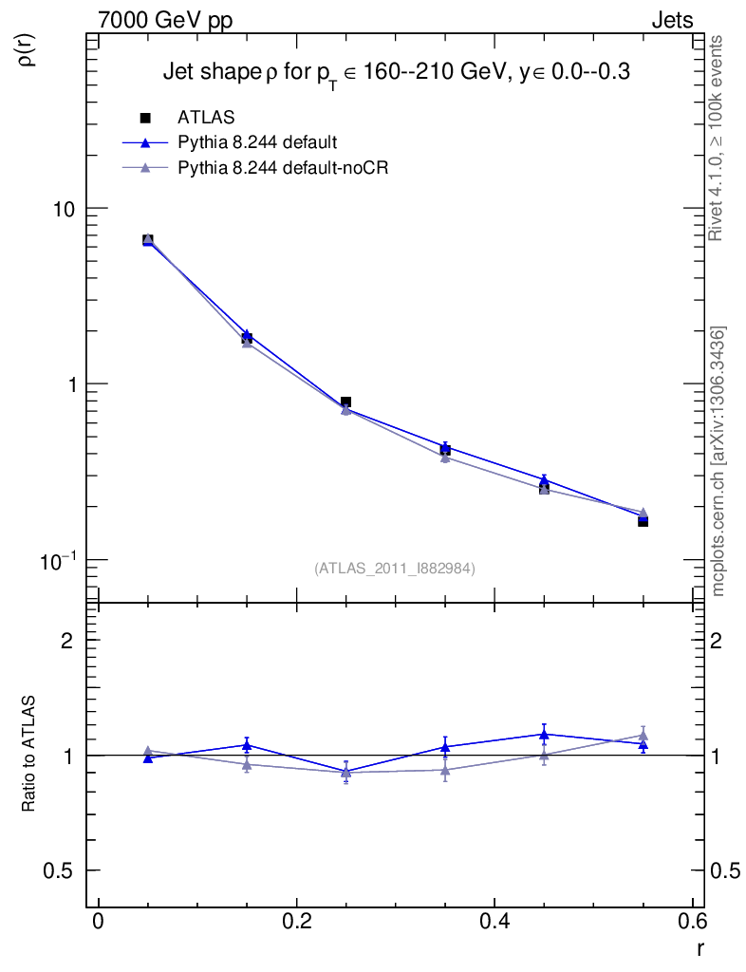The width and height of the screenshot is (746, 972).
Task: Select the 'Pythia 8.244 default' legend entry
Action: coord(257,143)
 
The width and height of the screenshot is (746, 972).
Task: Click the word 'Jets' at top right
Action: coord(671,20)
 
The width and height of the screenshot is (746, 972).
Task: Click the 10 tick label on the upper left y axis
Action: coord(65,209)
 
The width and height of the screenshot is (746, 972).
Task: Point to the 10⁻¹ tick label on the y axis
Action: coord(60,560)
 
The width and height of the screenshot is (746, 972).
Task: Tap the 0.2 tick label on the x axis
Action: coord(296,922)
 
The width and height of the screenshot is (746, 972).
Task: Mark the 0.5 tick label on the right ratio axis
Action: coord(727,870)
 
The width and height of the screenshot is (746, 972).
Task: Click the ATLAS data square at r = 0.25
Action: coord(346,402)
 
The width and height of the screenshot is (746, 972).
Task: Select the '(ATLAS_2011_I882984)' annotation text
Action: coord(395,568)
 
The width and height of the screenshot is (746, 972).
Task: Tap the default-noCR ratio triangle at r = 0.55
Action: coord(643,735)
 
